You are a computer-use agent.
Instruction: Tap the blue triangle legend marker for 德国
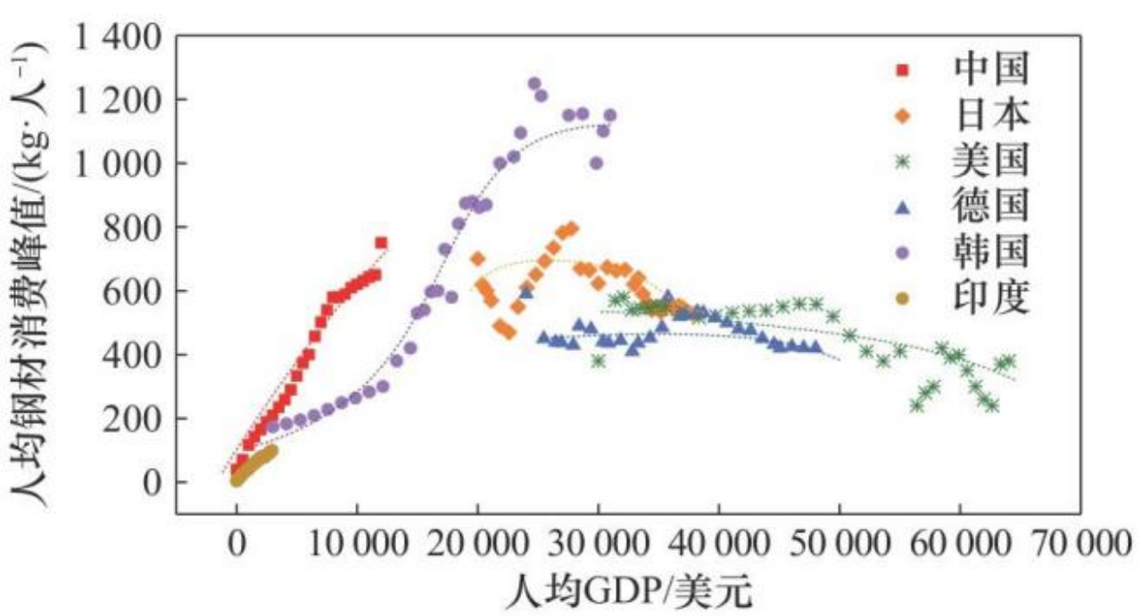coord(903,208)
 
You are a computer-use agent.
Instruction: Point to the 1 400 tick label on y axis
coord(114,37)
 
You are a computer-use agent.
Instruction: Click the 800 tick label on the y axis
coord(131,228)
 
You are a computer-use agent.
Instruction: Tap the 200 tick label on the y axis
coord(131,419)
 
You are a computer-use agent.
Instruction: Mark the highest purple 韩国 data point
coord(534,83)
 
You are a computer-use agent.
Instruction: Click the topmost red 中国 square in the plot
coord(381,243)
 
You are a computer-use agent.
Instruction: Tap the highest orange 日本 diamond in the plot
coord(572,229)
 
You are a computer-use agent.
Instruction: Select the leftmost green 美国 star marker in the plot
coord(598,361)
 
